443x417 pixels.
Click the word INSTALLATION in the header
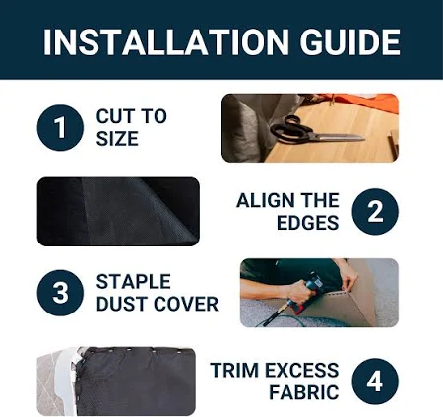click(166, 42)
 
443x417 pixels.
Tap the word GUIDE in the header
click(349, 42)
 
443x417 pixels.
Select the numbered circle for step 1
click(60, 128)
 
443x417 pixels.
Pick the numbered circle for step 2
click(375, 212)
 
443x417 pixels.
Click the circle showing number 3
click(60, 293)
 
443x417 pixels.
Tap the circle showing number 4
click(375, 382)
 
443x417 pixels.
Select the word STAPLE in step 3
click(133, 282)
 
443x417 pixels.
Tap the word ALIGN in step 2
click(261, 200)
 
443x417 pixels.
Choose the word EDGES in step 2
click(307, 223)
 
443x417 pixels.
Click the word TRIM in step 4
click(234, 370)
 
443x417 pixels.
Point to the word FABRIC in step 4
click(304, 392)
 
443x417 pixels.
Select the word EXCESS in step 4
click(302, 370)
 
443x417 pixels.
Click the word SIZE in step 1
click(117, 139)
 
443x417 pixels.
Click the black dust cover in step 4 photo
click(136, 382)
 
